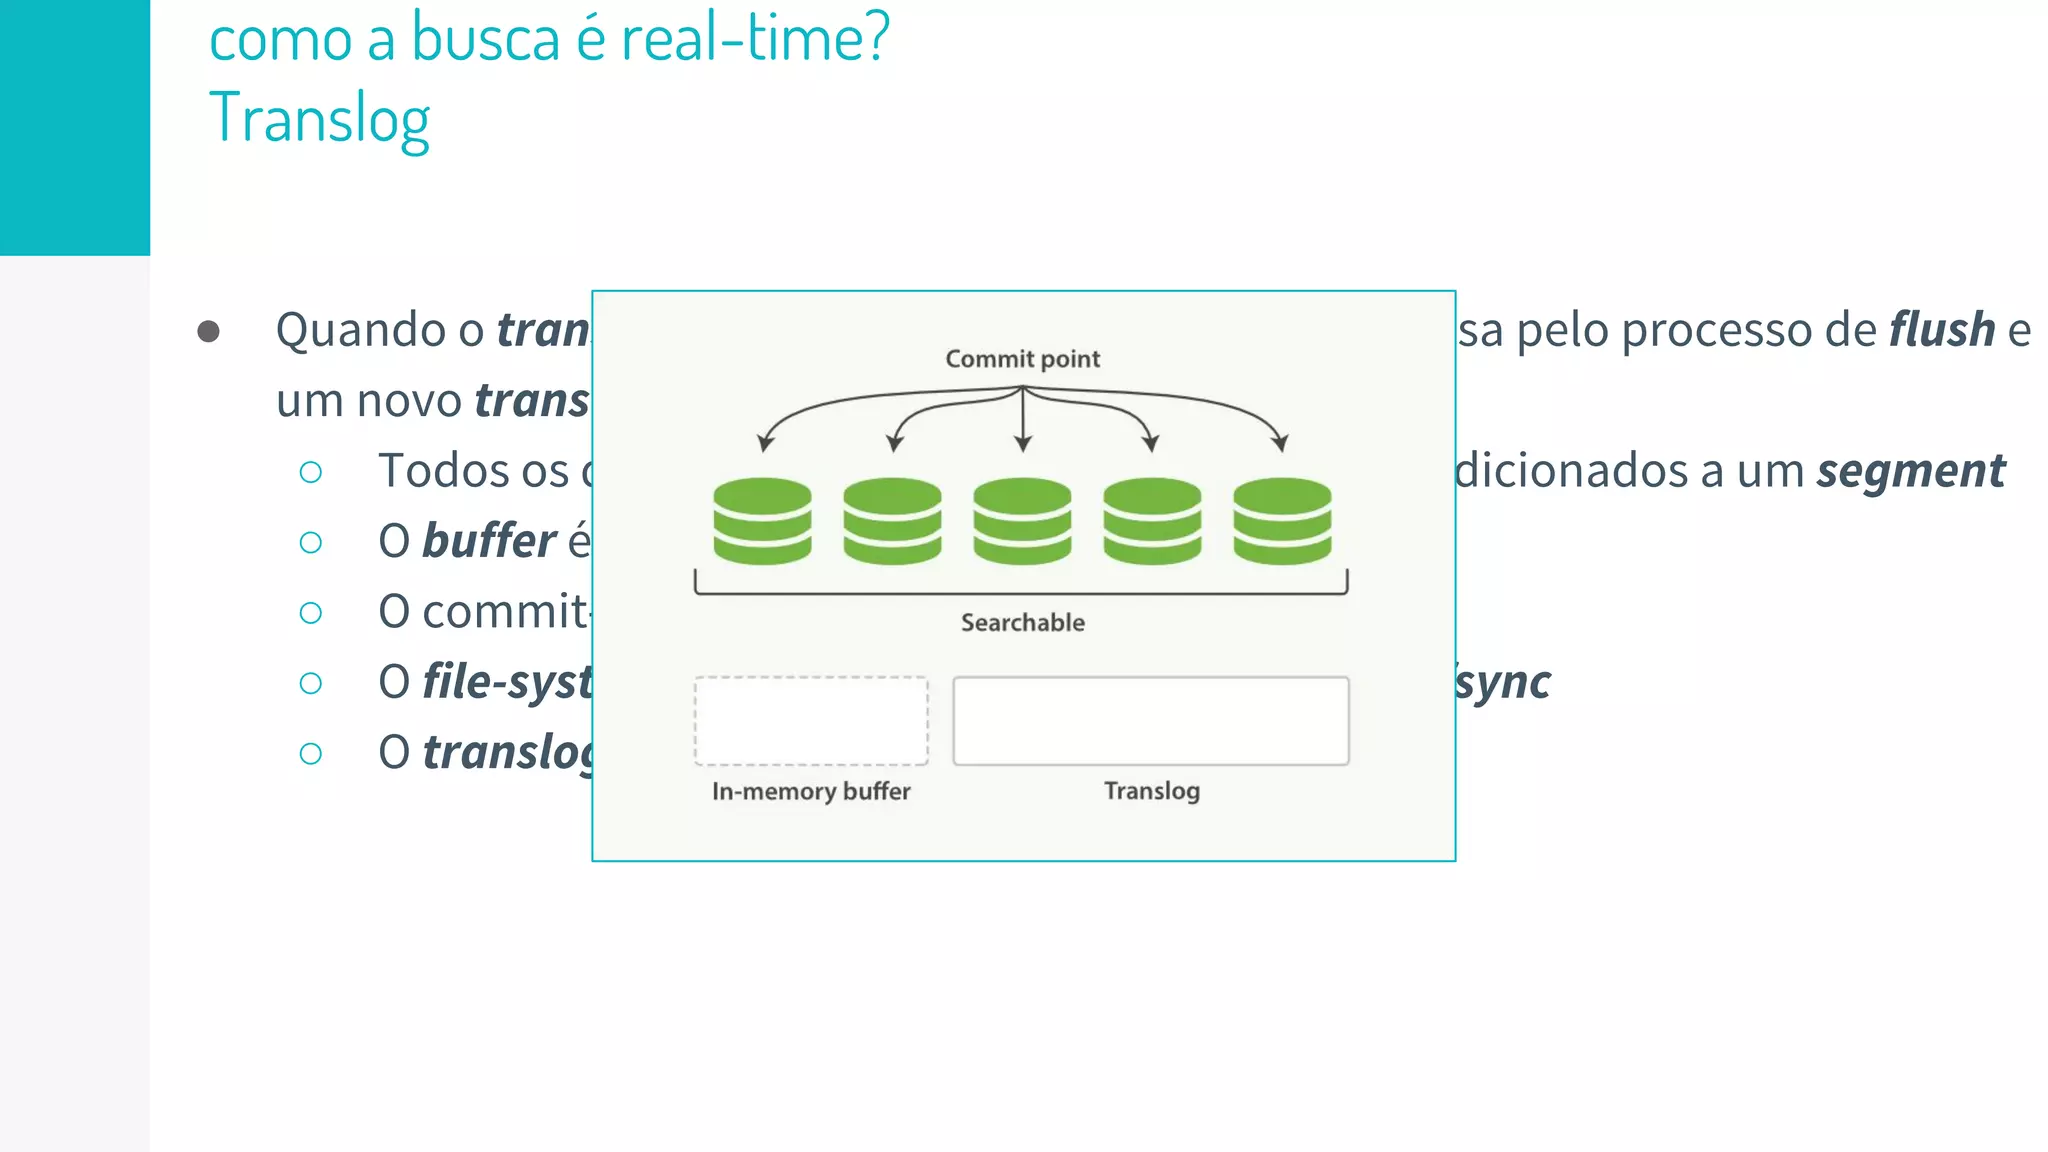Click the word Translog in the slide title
[319, 119]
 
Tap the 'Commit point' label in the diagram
[1022, 359]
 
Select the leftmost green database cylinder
[762, 521]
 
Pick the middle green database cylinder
[1022, 521]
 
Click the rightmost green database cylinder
[1282, 521]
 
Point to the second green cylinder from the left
[892, 521]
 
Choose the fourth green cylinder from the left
[1152, 521]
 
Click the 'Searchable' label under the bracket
[1022, 623]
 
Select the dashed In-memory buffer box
[811, 721]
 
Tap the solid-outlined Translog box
[1150, 721]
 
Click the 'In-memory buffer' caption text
[811, 791]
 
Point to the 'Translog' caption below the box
[1151, 791]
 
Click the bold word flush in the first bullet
[1941, 330]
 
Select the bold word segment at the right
[1910, 471]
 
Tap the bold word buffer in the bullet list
[488, 541]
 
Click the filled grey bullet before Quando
[208, 331]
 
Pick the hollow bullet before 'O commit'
[311, 613]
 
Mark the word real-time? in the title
[755, 38]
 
